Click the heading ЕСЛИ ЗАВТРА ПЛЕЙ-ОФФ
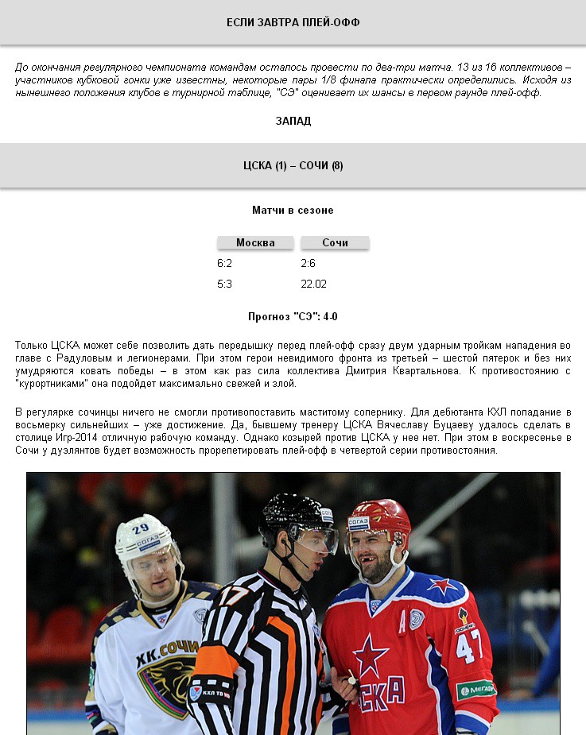[293, 22]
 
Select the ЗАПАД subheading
[293, 121]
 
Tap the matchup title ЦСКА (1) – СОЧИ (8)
[293, 165]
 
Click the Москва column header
[255, 242]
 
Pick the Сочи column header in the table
[335, 242]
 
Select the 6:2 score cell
[224, 263]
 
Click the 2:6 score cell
[309, 263]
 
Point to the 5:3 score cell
[224, 284]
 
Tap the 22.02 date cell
[313, 284]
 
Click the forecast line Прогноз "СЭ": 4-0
[293, 316]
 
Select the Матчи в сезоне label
[293, 211]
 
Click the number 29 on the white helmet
[141, 528]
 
